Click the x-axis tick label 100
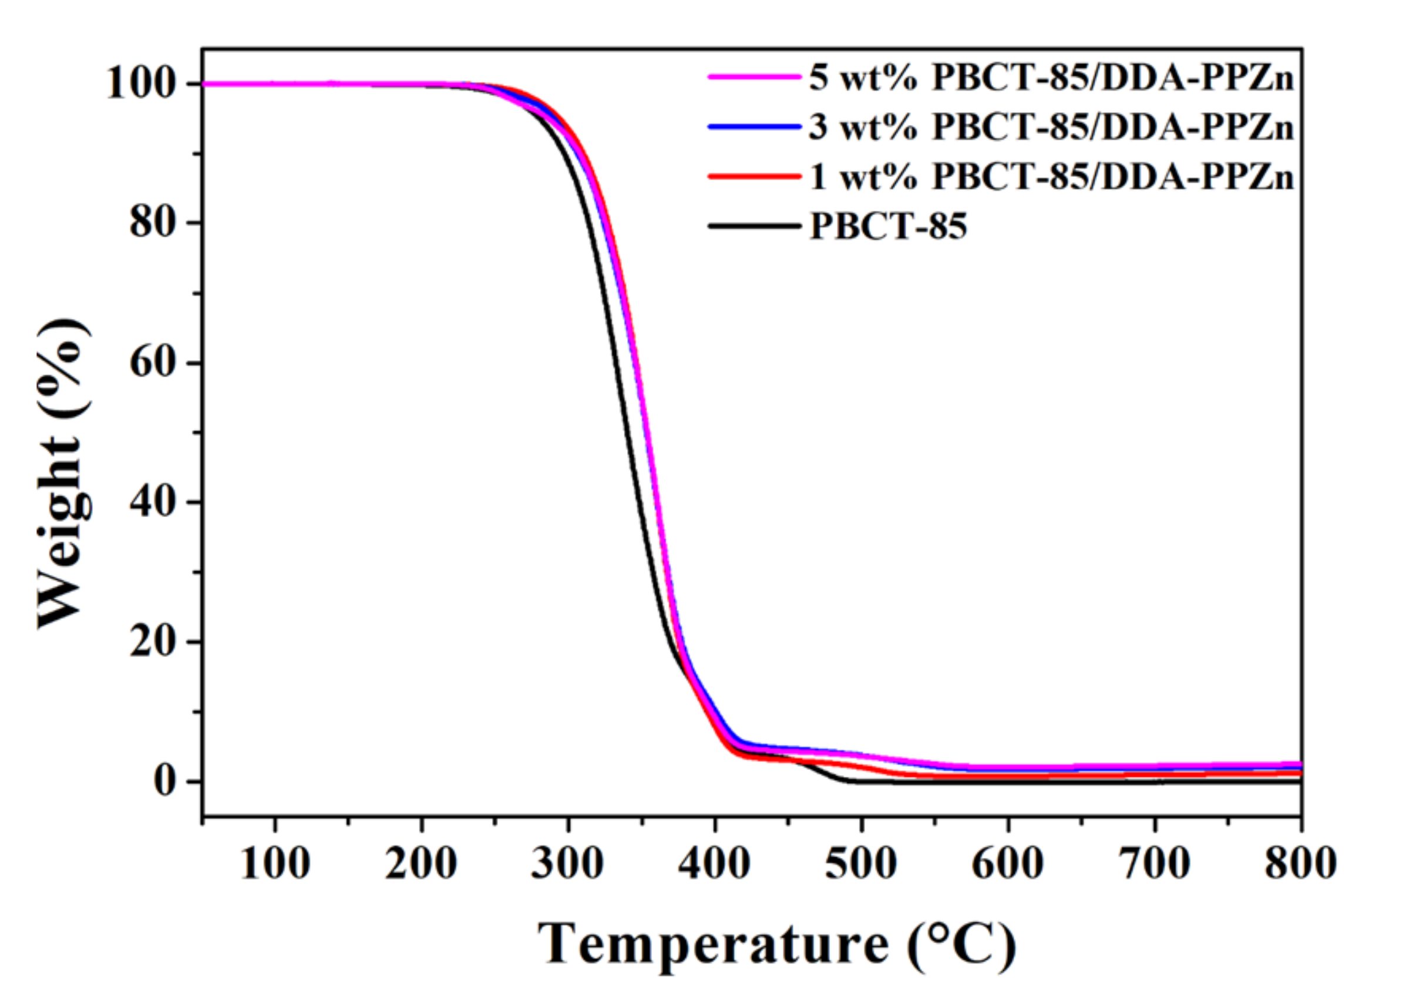pyautogui.click(x=275, y=863)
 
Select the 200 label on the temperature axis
pyautogui.click(x=421, y=863)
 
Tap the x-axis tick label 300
pyautogui.click(x=567, y=863)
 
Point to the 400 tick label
pyautogui.click(x=714, y=863)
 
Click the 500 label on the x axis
pyautogui.click(x=861, y=863)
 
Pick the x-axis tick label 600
pyautogui.click(x=1008, y=863)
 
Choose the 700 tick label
pyautogui.click(x=1154, y=863)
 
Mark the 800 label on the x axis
pyautogui.click(x=1300, y=863)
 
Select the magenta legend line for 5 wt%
pyautogui.click(x=754, y=77)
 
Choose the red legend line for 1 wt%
pyautogui.click(x=754, y=177)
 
